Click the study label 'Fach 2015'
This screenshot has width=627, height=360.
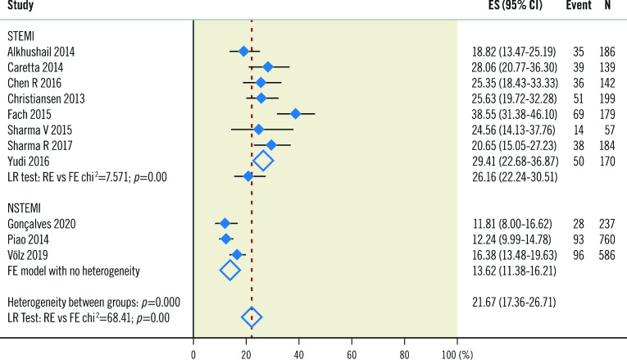tap(29, 114)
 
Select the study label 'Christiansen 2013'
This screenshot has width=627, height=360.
tap(44, 98)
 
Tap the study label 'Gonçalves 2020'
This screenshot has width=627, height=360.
tap(40, 223)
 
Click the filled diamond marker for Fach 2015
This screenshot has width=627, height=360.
tap(295, 114)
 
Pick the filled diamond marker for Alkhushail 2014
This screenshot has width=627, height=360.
tap(243, 52)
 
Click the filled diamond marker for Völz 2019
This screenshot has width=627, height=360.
tap(237, 254)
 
